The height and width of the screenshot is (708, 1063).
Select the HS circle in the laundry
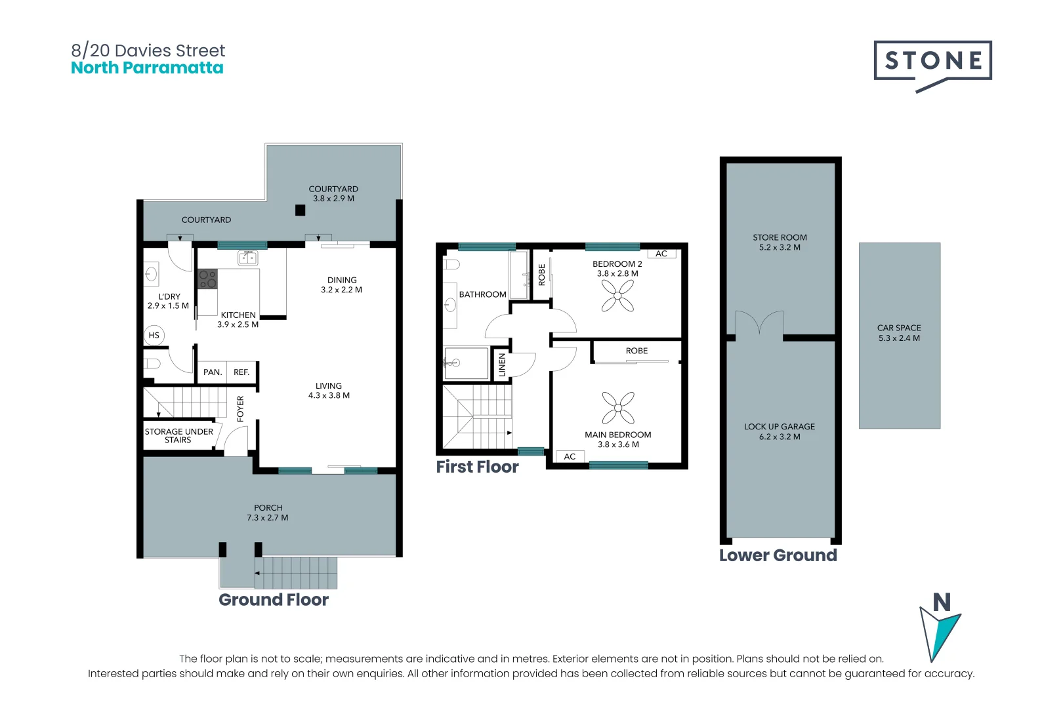(154, 335)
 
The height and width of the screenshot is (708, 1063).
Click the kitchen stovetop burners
(207, 279)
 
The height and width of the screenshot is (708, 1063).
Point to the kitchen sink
(247, 258)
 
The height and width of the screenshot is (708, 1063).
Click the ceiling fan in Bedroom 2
(617, 296)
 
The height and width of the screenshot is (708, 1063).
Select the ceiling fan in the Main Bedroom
(618, 407)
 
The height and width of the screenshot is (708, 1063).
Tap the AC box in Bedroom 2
(661, 254)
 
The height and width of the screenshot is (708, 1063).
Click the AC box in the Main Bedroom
(570, 456)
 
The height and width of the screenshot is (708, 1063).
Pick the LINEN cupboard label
(502, 365)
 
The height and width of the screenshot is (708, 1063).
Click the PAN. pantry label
(213, 372)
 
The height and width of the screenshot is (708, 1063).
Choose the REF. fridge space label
(241, 372)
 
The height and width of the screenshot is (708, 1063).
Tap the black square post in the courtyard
(300, 210)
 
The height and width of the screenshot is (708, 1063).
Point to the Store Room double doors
(759, 323)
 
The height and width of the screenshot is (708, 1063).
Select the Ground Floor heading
(274, 600)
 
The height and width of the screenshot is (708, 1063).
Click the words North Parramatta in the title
(147, 68)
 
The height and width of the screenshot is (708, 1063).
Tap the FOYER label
(240, 408)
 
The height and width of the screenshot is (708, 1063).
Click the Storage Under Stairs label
(178, 435)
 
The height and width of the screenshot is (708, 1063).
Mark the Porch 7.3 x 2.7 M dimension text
(268, 518)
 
